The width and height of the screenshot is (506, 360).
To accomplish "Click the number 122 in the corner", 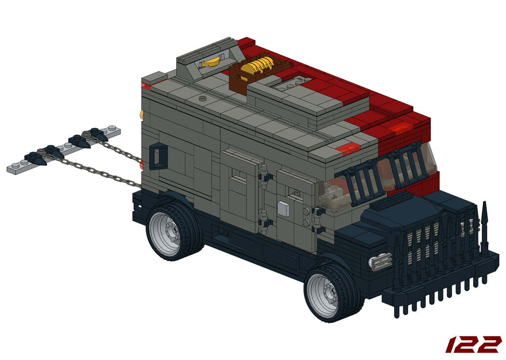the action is point(473,345).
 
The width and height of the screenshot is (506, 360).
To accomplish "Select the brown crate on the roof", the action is point(258,72).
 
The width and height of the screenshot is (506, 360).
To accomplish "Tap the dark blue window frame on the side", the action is point(159,156).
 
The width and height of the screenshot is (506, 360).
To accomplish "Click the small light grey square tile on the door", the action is point(283,209).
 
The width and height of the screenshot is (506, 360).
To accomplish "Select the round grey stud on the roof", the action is point(203,98).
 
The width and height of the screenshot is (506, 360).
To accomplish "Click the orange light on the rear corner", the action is point(142,115).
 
